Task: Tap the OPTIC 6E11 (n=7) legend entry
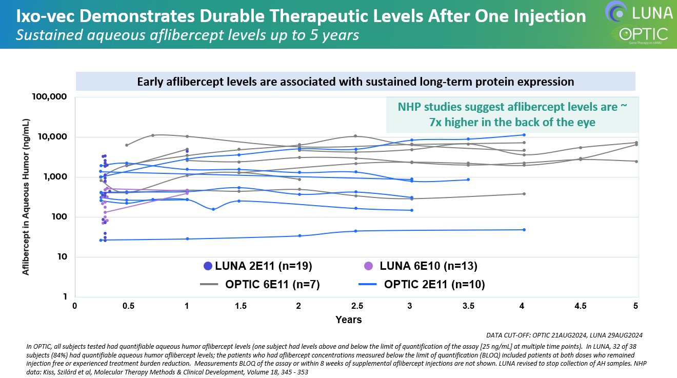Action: [x=260, y=284]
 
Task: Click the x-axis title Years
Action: [x=348, y=320]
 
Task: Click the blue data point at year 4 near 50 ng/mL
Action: [x=524, y=230]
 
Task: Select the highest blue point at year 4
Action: [x=524, y=135]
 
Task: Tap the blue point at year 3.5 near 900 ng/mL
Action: [x=468, y=180]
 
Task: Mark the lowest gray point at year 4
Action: [x=524, y=194]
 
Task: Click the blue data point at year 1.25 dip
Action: [x=213, y=209]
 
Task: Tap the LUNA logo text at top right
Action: [x=652, y=11]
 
